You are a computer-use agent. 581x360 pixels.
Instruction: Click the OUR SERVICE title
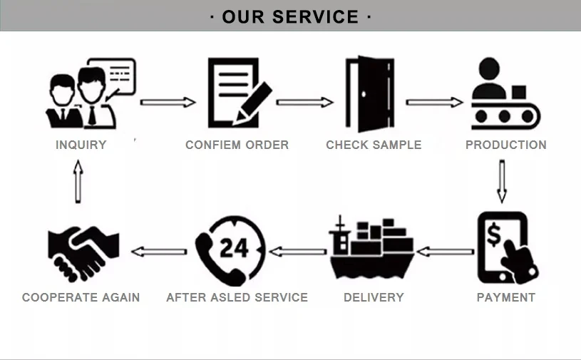(x=290, y=16)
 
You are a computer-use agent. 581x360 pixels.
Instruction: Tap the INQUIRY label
(x=81, y=145)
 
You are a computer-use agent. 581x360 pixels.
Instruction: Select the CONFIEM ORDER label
(x=237, y=145)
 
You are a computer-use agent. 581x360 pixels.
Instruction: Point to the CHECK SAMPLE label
(x=374, y=145)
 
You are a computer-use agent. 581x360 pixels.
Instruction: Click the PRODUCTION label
(x=505, y=145)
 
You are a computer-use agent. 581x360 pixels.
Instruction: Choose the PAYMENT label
(x=505, y=297)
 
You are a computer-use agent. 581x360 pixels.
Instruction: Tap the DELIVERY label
(x=374, y=297)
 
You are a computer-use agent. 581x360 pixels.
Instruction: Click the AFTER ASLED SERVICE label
(x=237, y=297)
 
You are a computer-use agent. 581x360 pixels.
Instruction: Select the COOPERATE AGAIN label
(x=81, y=297)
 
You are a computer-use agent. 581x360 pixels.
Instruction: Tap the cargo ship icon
(x=371, y=250)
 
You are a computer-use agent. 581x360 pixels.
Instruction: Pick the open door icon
(x=369, y=94)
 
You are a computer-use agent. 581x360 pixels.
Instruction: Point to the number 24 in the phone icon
(x=234, y=248)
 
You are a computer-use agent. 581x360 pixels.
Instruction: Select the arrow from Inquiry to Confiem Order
(x=168, y=102)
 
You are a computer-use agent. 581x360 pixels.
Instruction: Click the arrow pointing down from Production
(x=501, y=181)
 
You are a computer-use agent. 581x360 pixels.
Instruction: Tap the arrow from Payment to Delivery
(x=445, y=251)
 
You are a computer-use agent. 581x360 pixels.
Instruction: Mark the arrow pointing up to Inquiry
(x=78, y=182)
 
